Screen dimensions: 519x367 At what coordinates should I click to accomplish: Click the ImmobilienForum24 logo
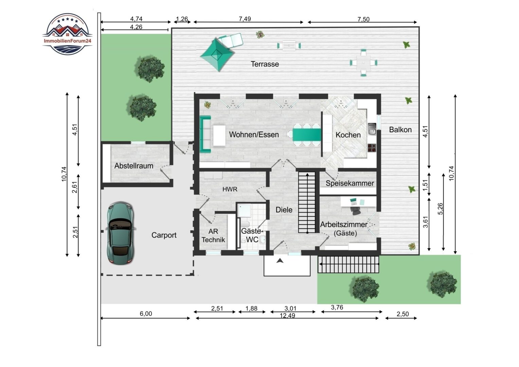(68, 34)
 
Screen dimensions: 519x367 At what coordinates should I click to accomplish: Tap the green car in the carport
(120, 233)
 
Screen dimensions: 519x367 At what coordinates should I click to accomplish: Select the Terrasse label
(265, 64)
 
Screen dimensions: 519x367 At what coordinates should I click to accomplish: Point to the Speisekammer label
(350, 183)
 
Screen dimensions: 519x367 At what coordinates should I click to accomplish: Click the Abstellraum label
(134, 166)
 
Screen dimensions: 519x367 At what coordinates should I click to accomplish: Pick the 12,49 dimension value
(287, 316)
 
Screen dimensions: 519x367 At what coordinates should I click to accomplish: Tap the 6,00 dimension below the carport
(146, 314)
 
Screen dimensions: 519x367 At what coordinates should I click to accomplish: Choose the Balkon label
(400, 129)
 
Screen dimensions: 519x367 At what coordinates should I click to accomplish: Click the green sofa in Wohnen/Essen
(205, 134)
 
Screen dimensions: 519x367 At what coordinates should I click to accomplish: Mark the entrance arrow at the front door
(280, 261)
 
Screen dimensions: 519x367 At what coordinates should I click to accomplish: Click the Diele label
(284, 210)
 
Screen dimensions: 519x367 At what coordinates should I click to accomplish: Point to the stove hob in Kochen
(372, 148)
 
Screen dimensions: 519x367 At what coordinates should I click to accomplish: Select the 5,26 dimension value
(441, 209)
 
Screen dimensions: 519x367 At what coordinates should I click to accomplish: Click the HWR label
(230, 189)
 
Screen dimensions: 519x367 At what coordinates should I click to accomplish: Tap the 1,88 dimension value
(251, 309)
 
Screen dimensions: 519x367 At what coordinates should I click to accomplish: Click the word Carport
(164, 235)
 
